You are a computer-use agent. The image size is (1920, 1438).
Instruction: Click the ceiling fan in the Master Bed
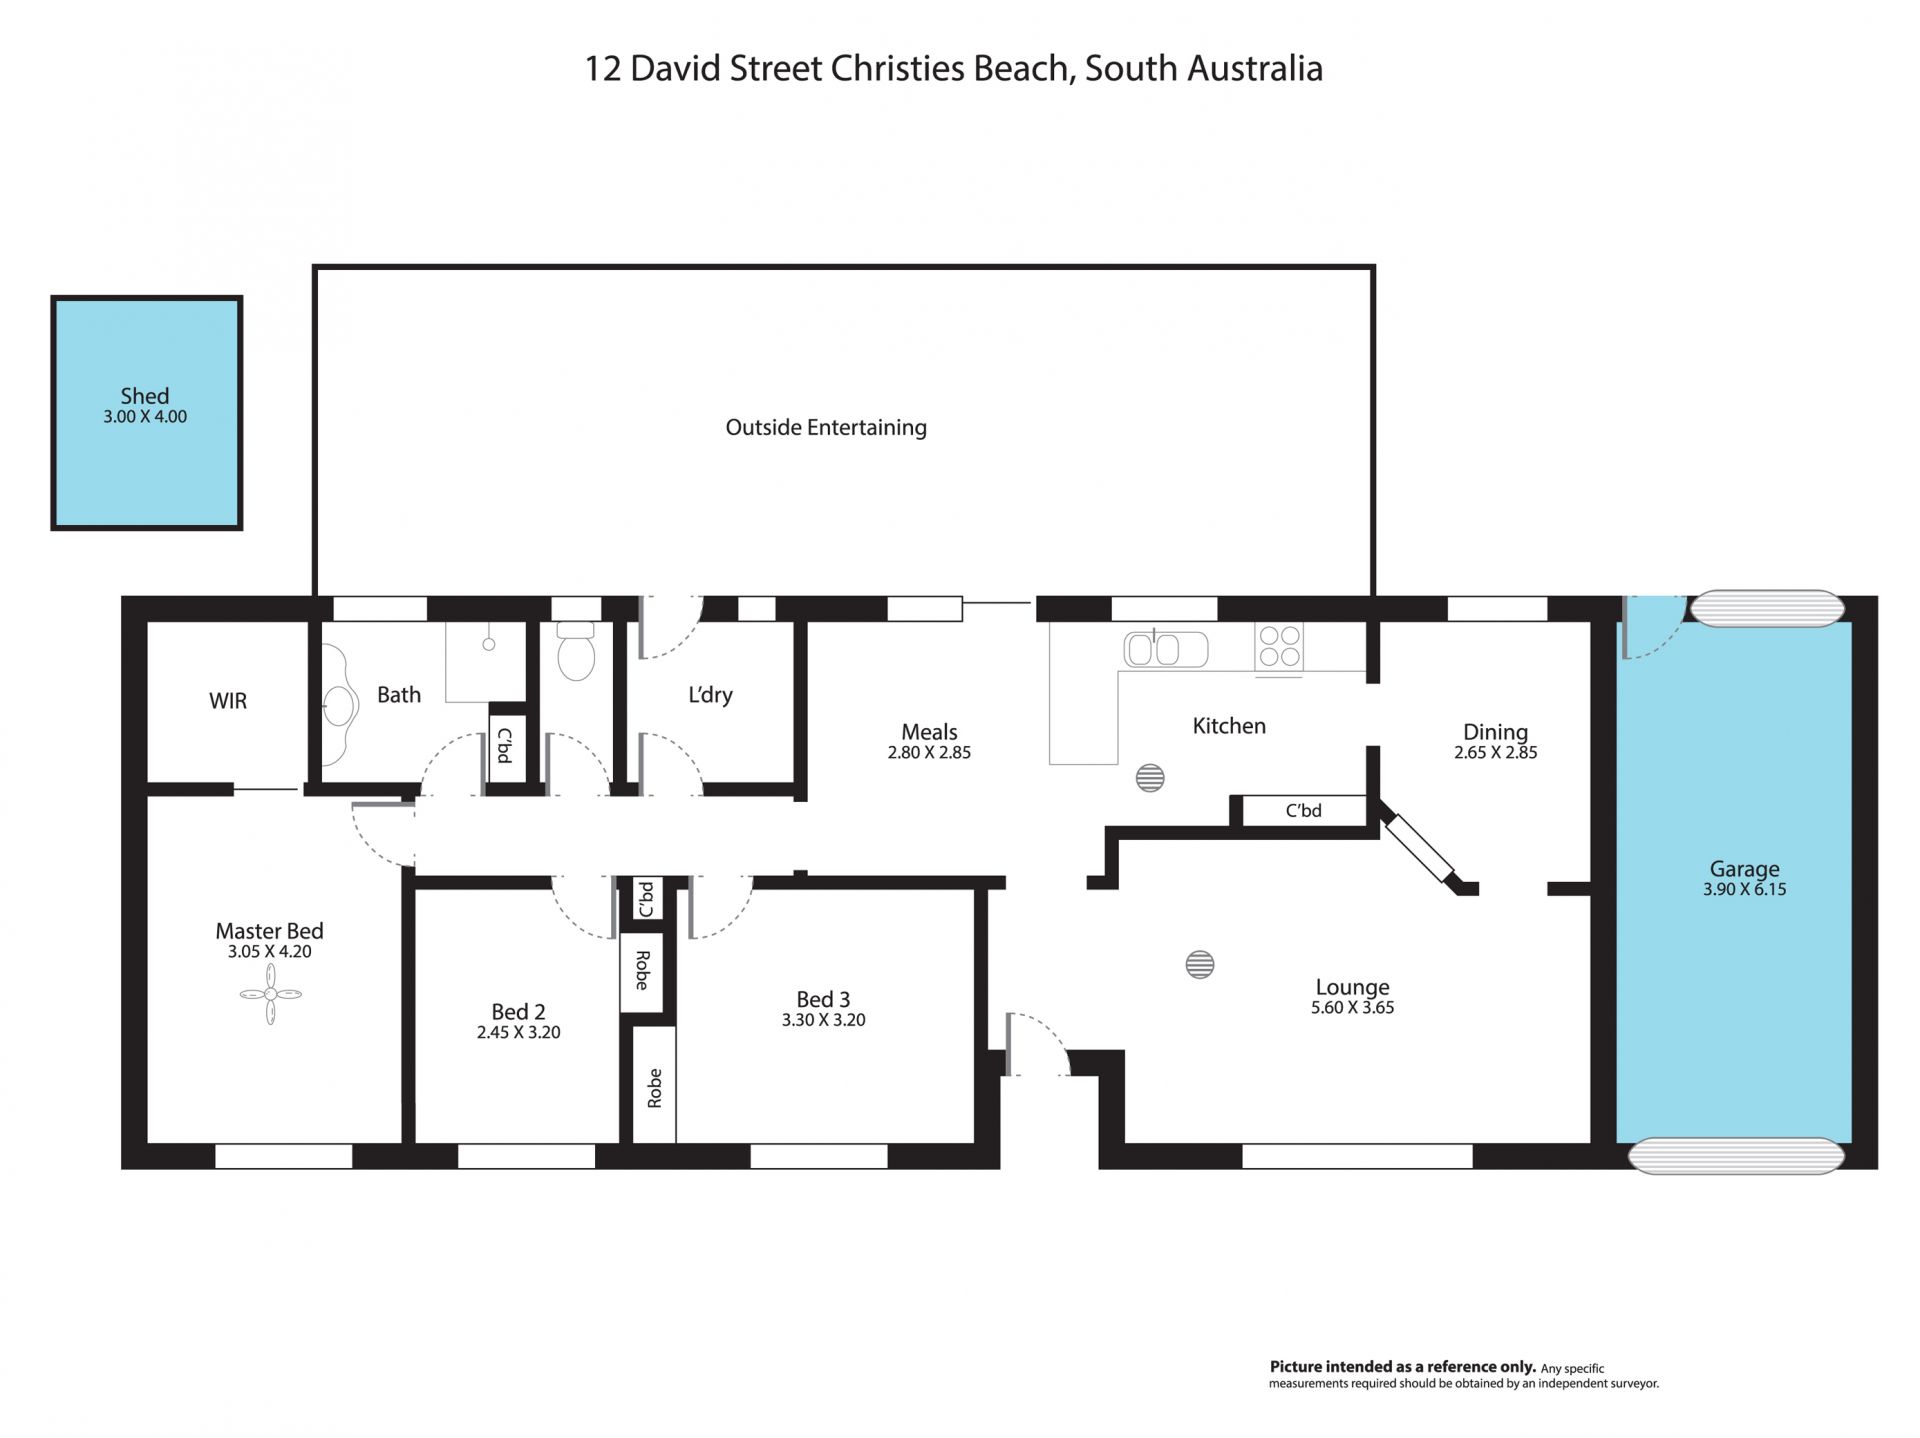[270, 994]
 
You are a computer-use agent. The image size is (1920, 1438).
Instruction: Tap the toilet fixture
[576, 651]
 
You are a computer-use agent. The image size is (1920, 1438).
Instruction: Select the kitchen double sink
[1166, 649]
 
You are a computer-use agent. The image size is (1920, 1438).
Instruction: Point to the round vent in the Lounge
[1200, 964]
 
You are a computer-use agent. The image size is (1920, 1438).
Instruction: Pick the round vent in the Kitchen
[1150, 778]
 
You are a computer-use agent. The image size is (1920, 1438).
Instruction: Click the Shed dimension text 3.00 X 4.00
[145, 417]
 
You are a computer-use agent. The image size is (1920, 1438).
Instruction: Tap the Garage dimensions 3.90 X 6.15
[1745, 889]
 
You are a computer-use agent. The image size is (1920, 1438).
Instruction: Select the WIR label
[228, 701]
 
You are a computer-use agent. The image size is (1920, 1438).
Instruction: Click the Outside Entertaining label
[826, 428]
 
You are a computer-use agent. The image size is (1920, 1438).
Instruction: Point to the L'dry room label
[710, 695]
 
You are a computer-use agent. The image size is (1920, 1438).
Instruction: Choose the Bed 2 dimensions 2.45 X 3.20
[518, 1033]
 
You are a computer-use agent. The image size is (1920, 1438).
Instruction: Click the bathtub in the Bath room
[340, 696]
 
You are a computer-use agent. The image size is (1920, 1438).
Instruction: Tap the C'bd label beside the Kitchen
[1303, 811]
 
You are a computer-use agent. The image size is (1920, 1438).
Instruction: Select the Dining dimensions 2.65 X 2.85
[1496, 753]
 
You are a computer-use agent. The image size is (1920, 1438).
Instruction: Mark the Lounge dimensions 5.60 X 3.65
[1353, 1008]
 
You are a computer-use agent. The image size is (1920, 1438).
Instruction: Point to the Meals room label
[929, 732]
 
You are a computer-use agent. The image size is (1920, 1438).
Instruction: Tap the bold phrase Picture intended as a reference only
[1402, 1367]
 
